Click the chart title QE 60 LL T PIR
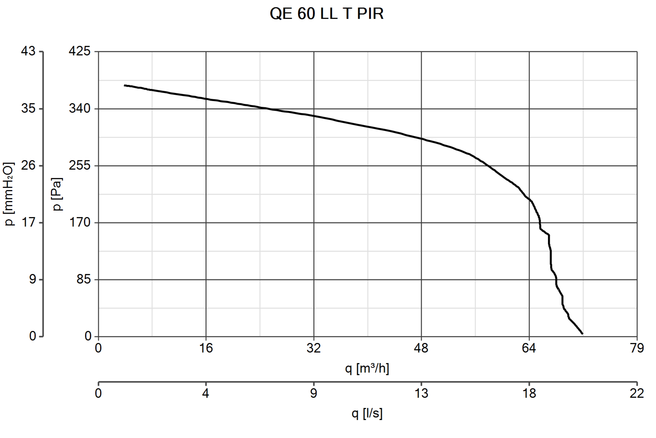327,13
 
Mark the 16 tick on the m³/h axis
206,348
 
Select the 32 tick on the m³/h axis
314,348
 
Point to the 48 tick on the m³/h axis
421,348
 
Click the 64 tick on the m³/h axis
529,348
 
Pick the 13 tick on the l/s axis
421,393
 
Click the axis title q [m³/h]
367,368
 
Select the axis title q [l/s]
367,413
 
